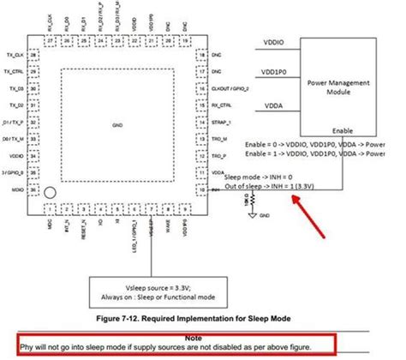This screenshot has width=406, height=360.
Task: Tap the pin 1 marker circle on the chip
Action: pyautogui.click(x=51, y=194)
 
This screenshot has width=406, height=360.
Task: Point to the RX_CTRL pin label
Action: pyautogui.click(x=222, y=106)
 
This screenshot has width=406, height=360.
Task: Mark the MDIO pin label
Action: pyautogui.click(x=15, y=190)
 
